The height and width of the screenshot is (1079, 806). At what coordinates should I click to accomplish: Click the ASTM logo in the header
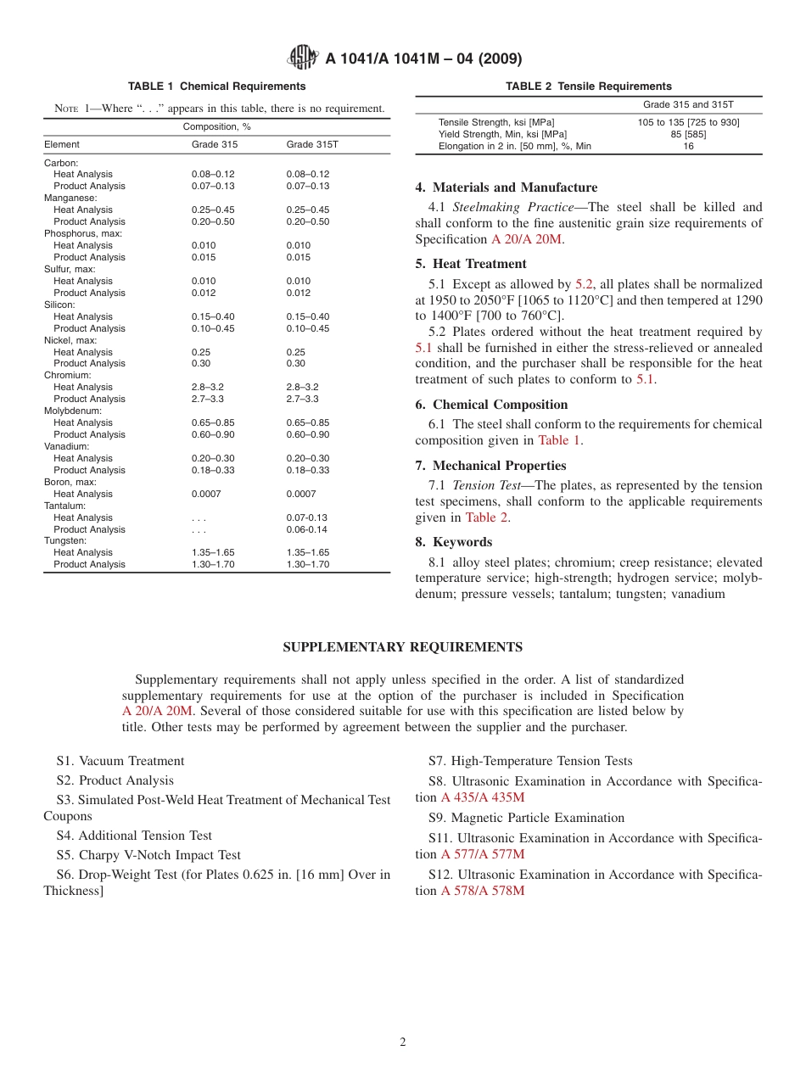302,58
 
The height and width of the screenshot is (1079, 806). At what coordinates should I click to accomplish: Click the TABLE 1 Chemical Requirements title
216,87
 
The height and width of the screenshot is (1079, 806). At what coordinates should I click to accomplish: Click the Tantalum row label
64,506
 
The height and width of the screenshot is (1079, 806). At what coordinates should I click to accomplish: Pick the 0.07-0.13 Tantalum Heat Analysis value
307,517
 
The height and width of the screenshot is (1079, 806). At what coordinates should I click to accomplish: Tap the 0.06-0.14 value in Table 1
307,529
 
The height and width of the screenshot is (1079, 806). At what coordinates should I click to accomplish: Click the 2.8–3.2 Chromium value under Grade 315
208,387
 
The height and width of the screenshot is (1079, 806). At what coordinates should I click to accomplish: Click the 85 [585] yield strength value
688,134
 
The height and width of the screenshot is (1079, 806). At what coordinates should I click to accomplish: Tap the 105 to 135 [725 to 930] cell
688,122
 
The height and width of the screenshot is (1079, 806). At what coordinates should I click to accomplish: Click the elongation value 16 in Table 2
688,146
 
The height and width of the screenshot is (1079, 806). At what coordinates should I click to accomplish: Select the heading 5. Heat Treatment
471,264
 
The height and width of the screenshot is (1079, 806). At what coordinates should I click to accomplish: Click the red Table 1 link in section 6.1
559,440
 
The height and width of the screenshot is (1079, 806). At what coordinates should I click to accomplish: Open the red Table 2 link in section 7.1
487,517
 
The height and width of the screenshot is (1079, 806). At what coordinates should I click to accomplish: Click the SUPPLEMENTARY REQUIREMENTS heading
402,647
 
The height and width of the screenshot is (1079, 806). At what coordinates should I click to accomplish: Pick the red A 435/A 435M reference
483,797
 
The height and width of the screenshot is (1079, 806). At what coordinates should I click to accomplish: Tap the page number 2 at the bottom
403,1043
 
